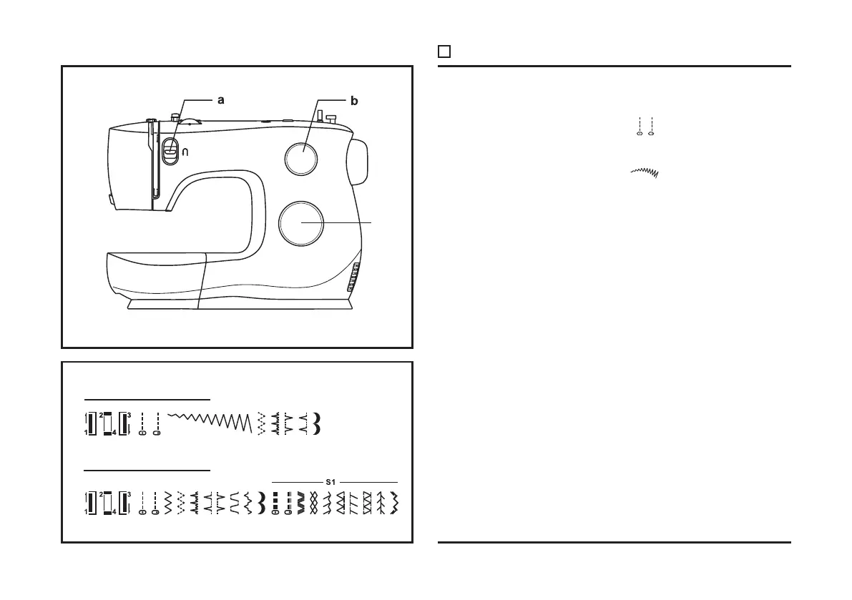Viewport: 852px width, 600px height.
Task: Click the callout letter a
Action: tap(221, 101)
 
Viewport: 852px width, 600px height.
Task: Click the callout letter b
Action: tap(353, 101)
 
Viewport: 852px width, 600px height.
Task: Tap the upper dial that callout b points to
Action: tap(301, 158)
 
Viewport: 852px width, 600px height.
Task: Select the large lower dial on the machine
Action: tap(301, 222)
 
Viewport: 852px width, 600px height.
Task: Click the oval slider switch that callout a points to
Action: tap(170, 151)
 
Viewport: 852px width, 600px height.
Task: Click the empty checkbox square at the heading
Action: tap(444, 51)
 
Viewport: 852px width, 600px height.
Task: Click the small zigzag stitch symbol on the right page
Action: tap(645, 172)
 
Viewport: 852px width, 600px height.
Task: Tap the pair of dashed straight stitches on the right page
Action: tap(645, 126)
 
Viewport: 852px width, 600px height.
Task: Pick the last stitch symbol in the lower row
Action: tap(393, 503)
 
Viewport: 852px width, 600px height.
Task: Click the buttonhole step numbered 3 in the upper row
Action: tap(124, 424)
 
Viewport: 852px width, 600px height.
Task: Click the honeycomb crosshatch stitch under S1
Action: tap(313, 503)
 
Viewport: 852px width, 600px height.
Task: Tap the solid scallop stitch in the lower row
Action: tap(261, 503)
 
